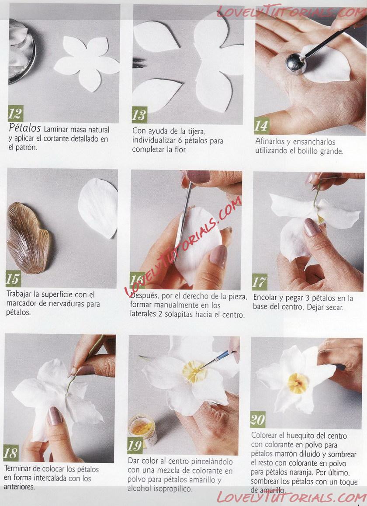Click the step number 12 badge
coord(15,113)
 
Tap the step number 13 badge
coord(139,114)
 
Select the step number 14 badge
coord(261,125)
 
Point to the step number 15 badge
coord(13,278)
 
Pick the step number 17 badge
coord(260,282)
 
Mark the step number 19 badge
coord(135,445)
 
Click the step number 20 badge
coord(258,419)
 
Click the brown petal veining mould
coord(28,238)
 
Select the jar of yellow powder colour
coord(142,430)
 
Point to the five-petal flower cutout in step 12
coord(87,63)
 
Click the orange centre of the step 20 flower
coord(297,383)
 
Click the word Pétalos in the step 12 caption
coord(24,128)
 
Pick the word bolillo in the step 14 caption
coord(305,151)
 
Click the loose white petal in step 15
coord(98,208)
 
